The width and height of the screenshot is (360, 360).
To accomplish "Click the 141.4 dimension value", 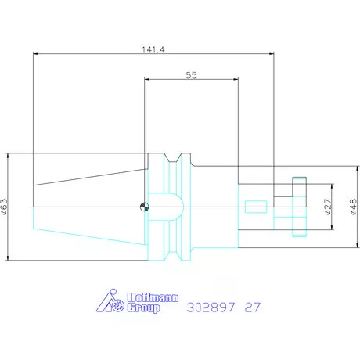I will point(153,49).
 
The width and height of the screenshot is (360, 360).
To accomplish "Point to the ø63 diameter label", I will point(5,207).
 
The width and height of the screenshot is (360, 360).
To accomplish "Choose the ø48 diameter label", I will point(352,207).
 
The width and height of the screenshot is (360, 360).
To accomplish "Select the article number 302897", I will point(211,308).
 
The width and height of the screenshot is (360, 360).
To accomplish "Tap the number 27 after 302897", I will point(253,308).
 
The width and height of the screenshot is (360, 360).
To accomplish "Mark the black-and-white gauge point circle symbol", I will point(144,207).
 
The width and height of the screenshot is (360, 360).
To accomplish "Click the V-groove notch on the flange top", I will point(180,157).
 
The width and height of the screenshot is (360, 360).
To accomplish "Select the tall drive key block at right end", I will point(298,207).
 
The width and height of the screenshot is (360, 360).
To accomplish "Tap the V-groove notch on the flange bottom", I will point(180,257).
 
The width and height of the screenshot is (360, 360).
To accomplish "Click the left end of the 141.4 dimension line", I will point(33,54).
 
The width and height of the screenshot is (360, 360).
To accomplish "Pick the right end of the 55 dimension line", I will point(237,79).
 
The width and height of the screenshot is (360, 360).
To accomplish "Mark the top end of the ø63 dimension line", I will point(9,153).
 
